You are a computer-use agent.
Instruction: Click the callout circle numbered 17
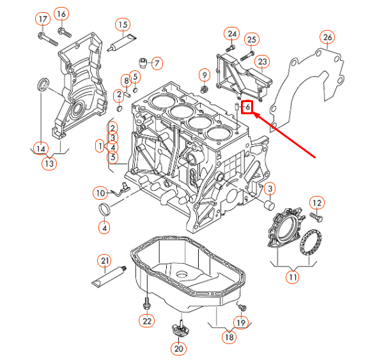coord(43,19)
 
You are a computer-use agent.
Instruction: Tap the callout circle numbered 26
coord(328,38)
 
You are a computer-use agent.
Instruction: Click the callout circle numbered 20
coord(178,349)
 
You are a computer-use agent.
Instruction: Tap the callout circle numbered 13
coord(49,163)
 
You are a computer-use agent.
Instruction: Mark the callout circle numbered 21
coord(104,260)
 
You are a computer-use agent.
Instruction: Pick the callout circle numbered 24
coord(231,33)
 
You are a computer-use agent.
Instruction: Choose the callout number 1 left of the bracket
coord(100,146)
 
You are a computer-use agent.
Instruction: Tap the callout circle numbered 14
coord(41,149)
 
